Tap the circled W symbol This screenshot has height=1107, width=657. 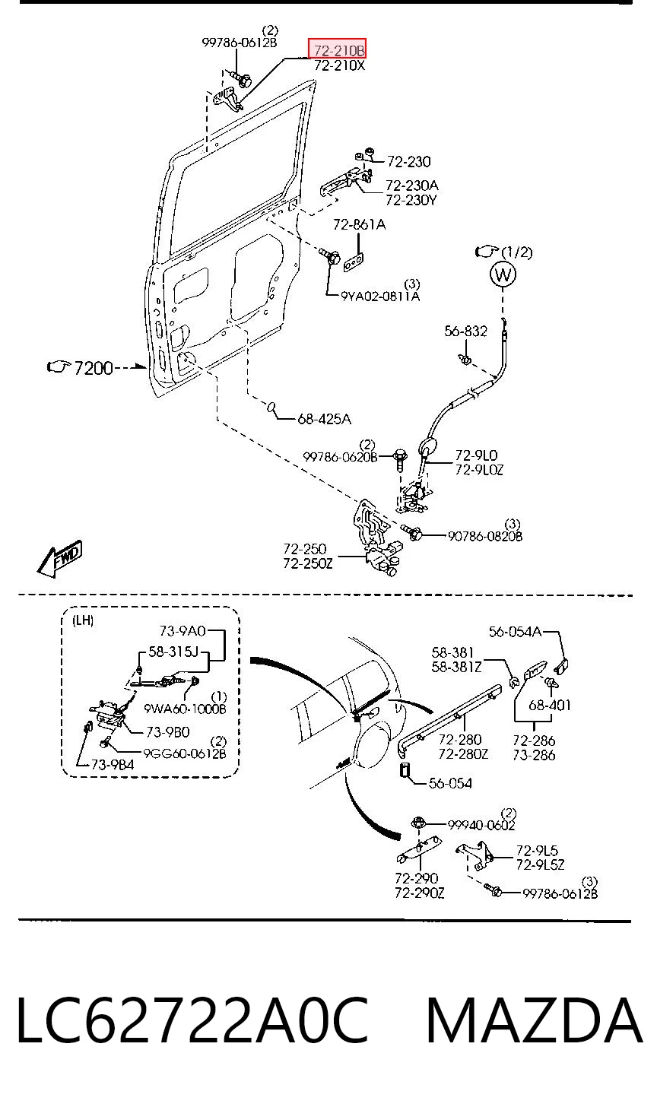[x=503, y=274]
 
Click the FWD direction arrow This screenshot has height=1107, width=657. [x=60, y=559]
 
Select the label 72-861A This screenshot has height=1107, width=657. [x=360, y=225]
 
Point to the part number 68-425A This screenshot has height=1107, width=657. [x=324, y=419]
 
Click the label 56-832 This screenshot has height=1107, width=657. [x=465, y=331]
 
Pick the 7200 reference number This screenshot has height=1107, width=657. [x=94, y=368]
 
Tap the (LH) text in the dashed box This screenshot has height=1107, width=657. [x=83, y=620]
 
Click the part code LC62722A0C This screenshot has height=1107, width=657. [x=193, y=1020]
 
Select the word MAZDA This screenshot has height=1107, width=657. [x=535, y=1020]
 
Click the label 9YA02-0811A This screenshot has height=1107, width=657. [x=380, y=296]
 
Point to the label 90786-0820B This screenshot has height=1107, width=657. [x=485, y=536]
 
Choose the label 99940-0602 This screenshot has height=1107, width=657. [x=481, y=825]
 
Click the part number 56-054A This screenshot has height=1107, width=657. [x=515, y=632]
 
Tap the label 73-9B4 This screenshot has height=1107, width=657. [x=113, y=765]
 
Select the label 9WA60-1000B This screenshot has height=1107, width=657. [x=185, y=709]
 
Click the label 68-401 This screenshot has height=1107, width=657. [x=550, y=706]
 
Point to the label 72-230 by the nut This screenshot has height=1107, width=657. [x=409, y=162]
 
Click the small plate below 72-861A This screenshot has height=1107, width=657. [x=354, y=264]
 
